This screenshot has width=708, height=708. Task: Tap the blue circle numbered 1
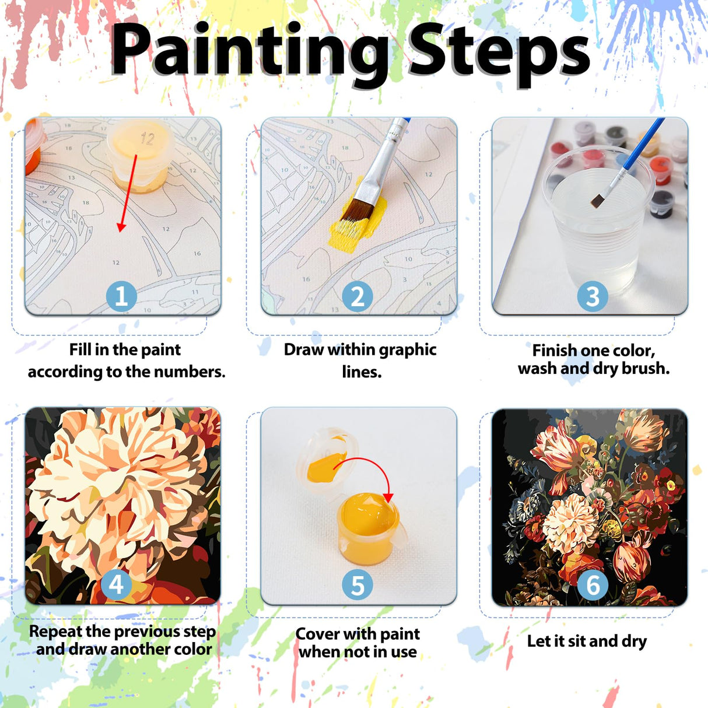121,296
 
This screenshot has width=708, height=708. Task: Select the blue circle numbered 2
357,296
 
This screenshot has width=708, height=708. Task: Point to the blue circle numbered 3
592,296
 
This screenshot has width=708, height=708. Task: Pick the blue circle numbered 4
116,584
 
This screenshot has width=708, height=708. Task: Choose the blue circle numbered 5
357,585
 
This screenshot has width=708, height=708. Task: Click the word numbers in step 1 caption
197,371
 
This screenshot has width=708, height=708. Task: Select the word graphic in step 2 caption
406,350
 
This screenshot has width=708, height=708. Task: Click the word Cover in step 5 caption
317,634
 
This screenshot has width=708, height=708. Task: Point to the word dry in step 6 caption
635,642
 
